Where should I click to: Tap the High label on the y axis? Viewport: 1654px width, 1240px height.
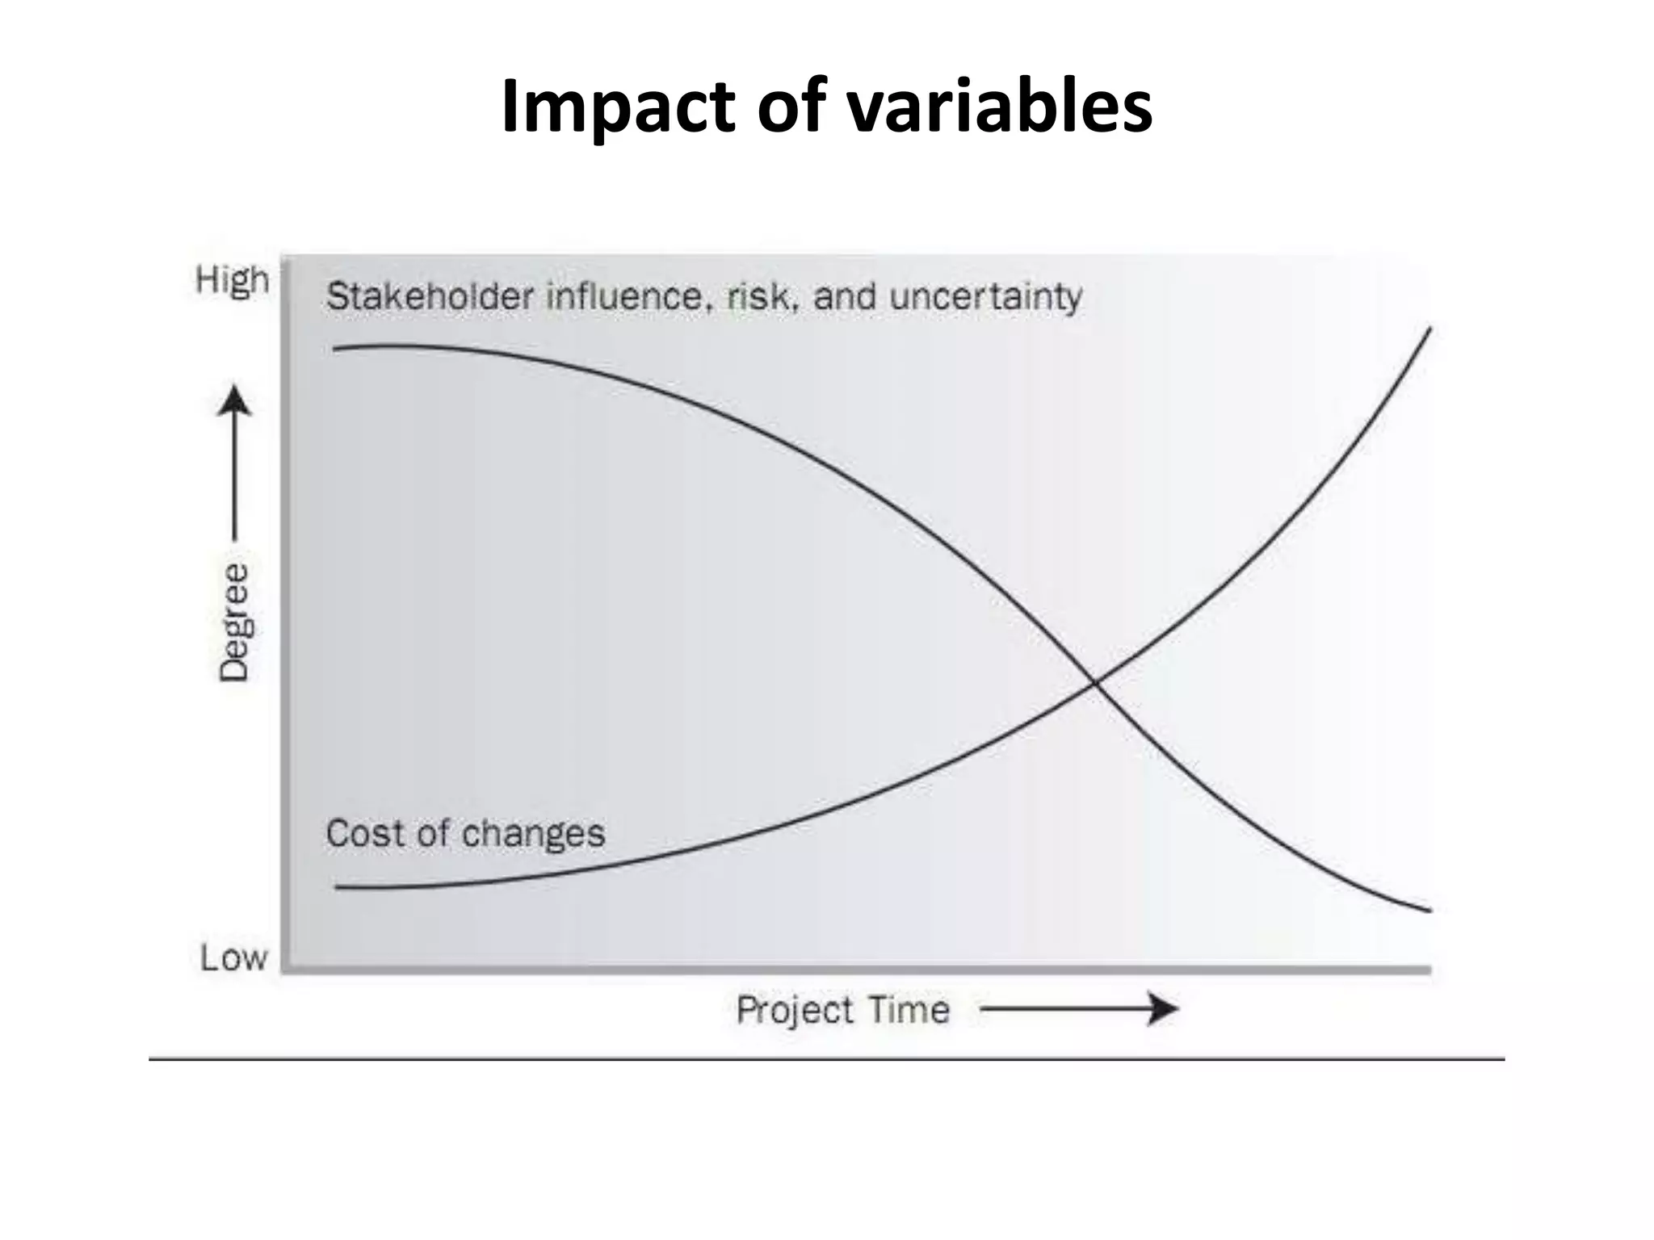point(232,281)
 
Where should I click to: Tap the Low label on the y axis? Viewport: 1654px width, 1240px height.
point(233,958)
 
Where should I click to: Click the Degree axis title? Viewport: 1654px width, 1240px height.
point(234,622)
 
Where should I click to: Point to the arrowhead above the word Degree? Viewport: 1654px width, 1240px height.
point(234,400)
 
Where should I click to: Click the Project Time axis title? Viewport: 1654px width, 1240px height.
point(842,1010)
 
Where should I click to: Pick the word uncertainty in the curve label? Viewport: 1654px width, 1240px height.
point(985,297)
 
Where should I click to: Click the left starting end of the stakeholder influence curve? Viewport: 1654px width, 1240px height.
point(336,349)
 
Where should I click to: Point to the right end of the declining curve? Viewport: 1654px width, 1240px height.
point(1429,911)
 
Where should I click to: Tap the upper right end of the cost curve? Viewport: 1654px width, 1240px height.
point(1429,329)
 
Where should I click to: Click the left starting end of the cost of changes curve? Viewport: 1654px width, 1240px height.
point(338,888)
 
